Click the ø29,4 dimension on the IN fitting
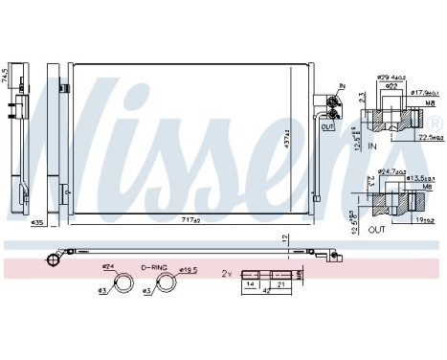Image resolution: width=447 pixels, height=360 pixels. pos(389,77)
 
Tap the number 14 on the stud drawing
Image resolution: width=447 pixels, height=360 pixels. pos(251,284)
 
